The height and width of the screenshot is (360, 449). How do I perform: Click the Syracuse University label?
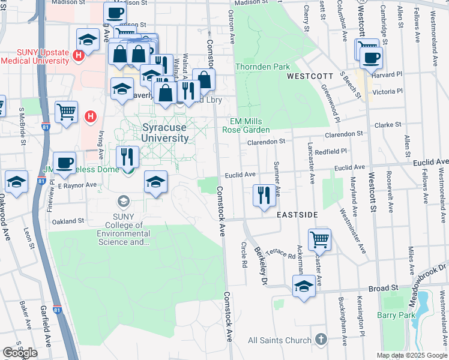point(166,133)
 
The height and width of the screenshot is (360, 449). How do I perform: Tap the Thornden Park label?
point(263,67)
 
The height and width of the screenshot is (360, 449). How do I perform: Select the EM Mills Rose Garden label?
point(246,125)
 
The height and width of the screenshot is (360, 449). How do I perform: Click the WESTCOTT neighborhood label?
point(310,76)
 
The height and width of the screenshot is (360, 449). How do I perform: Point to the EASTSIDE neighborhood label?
point(297,214)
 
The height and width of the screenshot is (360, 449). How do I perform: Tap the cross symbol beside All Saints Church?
point(321,340)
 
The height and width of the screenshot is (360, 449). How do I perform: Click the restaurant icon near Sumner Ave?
point(264,196)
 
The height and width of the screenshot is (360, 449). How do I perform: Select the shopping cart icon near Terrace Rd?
point(319,240)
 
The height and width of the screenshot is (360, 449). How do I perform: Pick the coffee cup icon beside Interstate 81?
point(64,163)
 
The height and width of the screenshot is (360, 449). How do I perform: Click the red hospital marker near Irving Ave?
point(90,116)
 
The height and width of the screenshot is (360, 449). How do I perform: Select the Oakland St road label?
point(68,221)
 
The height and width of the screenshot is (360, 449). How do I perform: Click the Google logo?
point(20,353)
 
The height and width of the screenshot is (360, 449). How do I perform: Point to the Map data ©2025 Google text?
point(412,355)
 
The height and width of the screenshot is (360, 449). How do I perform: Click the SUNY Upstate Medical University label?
point(35,57)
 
